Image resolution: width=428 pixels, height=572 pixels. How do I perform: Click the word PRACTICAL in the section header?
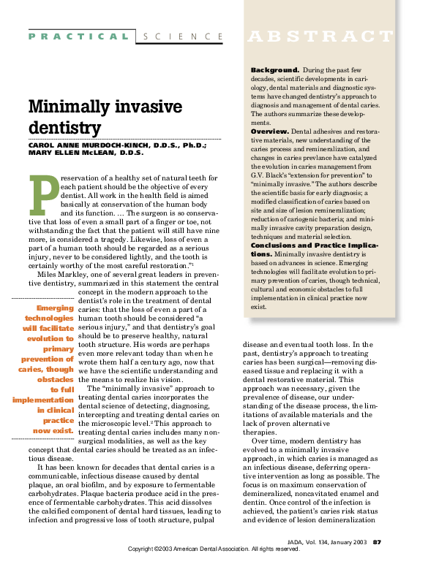(79, 36)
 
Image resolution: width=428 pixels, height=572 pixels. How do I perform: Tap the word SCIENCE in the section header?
(183, 36)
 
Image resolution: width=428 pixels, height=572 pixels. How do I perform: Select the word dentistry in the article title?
(64, 128)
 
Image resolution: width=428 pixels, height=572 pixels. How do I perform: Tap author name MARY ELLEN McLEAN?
(74, 153)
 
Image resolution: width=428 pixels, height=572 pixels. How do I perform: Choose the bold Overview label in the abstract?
(271, 130)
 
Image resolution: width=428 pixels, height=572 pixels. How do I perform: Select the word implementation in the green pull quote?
(43, 400)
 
